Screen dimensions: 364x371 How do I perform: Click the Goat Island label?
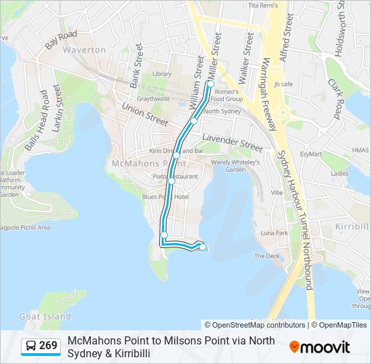45,316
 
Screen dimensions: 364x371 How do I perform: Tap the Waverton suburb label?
84,50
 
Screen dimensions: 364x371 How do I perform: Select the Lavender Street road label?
232,143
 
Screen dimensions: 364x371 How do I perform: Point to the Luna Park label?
274,233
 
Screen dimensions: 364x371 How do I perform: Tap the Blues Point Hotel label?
165,196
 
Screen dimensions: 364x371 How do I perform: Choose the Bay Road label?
61,39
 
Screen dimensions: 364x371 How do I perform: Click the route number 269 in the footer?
48,346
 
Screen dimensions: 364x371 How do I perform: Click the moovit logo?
320,347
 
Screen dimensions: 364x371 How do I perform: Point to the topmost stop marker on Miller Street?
210,84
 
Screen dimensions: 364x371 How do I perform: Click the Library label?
161,73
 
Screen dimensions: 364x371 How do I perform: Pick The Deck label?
266,256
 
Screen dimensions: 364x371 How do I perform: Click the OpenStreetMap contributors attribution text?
259,325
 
